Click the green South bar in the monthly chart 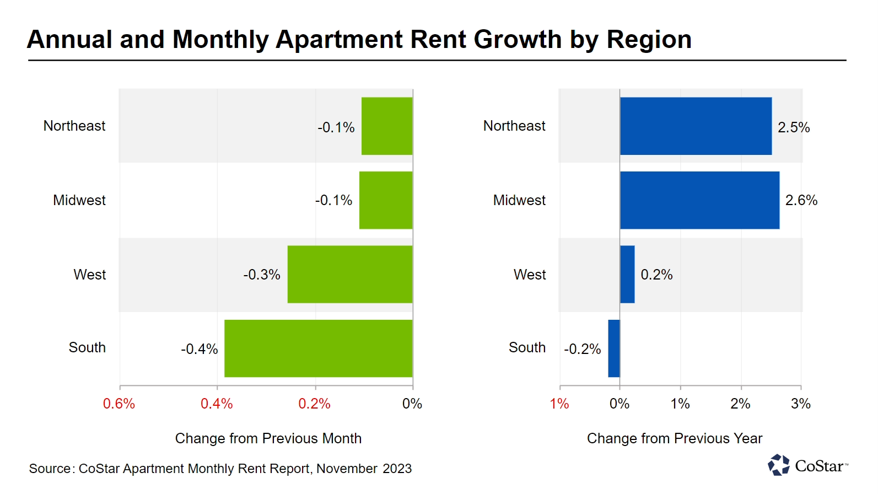pos(318,348)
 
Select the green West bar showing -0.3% pos(349,274)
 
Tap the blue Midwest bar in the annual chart pos(699,200)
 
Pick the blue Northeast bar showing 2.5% pos(696,126)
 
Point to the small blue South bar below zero pos(614,348)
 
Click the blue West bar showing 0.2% pos(627,274)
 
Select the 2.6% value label pos(801,200)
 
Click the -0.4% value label pos(200,349)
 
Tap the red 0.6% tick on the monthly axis pos(119,404)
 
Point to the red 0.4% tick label pos(217,404)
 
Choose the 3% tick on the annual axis pos(800,404)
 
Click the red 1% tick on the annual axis pos(559,404)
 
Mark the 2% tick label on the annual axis pos(740,404)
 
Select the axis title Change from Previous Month pos(268,438)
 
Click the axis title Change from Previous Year pos(675,438)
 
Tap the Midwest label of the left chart pos(79,200)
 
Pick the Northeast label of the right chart pos(514,126)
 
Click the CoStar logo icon pos(779,465)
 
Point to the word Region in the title pos(649,40)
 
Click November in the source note pos(347,469)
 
